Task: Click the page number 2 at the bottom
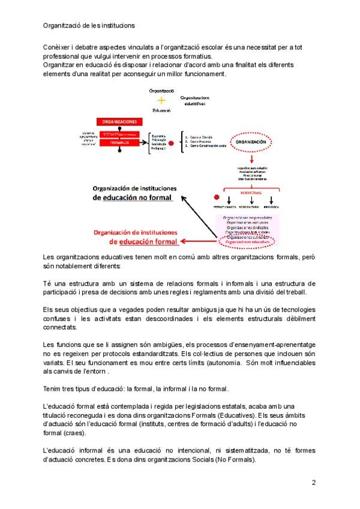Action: [314, 482]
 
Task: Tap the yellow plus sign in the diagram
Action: [161, 100]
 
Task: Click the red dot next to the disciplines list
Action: [172, 143]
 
